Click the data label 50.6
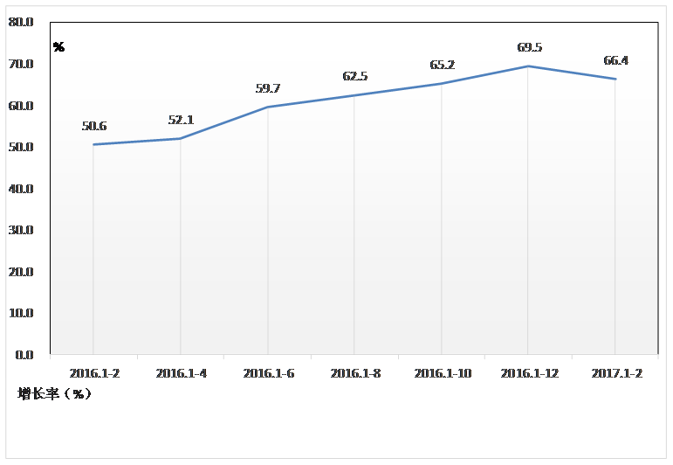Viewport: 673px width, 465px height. click(93, 127)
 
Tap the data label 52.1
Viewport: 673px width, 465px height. click(181, 121)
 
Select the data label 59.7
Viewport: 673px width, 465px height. click(267, 88)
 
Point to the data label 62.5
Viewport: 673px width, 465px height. click(354, 77)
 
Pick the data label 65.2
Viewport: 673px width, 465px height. click(442, 66)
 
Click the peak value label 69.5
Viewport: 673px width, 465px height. click(529, 48)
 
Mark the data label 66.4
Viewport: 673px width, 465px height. click(615, 61)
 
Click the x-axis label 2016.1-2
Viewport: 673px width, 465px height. click(94, 373)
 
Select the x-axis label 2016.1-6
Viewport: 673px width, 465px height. click(268, 373)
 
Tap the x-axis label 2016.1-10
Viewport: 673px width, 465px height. click(443, 373)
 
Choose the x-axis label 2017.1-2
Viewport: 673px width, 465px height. click(616, 373)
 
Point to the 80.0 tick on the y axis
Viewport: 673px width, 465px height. click(21, 23)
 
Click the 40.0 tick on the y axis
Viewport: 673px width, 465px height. click(21, 189)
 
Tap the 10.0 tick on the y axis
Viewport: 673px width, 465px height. click(21, 313)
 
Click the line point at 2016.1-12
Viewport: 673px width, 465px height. click(529, 66)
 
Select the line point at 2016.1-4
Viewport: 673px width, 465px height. click(181, 138)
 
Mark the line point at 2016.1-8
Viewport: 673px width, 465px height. click(354, 95)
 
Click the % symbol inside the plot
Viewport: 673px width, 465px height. click(58, 47)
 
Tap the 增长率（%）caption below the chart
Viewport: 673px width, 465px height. click(54, 394)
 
